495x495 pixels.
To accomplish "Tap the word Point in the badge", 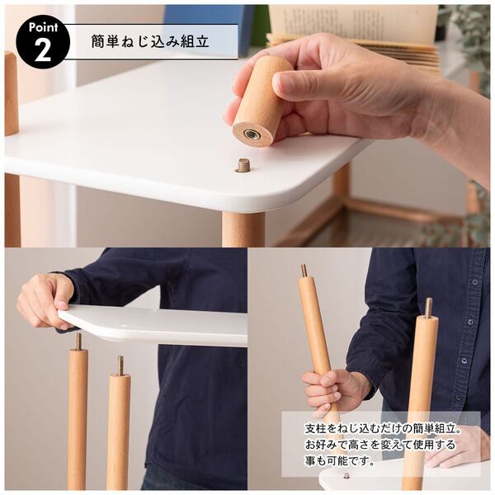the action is (x=43, y=27).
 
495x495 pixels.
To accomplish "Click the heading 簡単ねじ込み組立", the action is (x=150, y=41).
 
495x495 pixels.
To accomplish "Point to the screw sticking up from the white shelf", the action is (x=243, y=166).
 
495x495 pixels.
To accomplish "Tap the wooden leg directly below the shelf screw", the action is (x=243, y=229).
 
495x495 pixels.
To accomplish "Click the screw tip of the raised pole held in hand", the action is (x=304, y=271).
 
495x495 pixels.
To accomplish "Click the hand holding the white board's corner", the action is (x=45, y=301).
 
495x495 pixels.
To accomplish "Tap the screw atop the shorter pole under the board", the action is (x=120, y=365).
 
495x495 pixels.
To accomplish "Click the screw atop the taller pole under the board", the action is (x=78, y=342).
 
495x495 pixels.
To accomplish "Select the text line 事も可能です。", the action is (x=340, y=462).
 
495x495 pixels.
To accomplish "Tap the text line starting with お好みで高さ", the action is (x=380, y=445).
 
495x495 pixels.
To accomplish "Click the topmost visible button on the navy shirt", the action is (x=476, y=282).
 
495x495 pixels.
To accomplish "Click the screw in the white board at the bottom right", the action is (x=346, y=475).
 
